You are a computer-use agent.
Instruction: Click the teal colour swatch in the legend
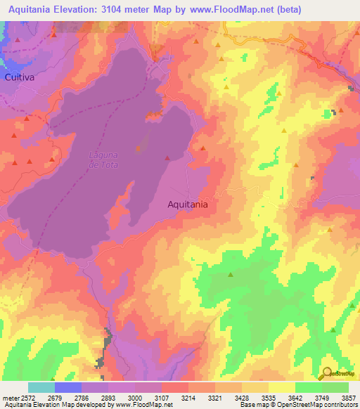pos(41,387)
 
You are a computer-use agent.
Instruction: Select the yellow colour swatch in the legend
pos(281,387)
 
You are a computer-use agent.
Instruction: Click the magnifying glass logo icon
pos(327,373)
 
